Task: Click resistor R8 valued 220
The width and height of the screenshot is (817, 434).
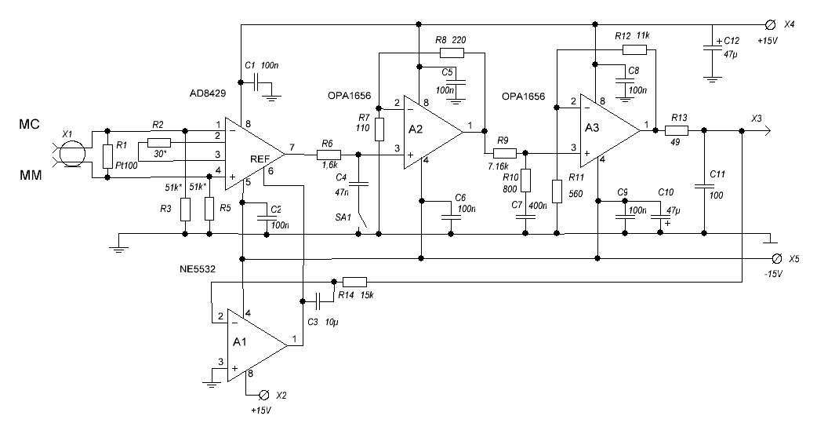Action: point(452,53)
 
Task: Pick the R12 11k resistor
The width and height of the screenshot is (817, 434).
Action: point(634,49)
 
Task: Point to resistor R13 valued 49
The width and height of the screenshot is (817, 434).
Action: point(677,131)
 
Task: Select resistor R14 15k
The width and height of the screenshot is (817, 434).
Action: point(355,282)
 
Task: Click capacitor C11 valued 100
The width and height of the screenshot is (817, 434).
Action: point(703,186)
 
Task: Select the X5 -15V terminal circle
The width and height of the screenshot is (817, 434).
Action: point(776,258)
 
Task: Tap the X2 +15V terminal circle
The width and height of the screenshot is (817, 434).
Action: point(264,394)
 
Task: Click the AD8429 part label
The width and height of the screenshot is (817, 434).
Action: point(207,93)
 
